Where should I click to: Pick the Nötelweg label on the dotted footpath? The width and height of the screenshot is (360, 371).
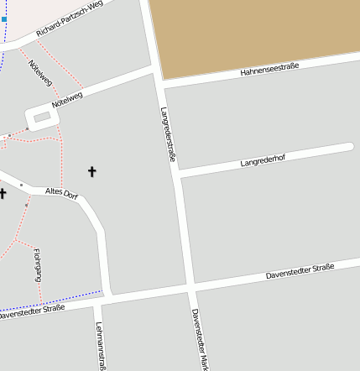click(x=39, y=72)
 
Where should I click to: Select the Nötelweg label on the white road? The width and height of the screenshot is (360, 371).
click(x=67, y=100)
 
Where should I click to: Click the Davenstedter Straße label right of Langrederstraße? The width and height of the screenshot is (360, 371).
click(x=300, y=271)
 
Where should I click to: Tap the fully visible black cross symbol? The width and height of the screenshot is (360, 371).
click(x=91, y=172)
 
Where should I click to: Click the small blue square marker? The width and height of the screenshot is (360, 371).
click(x=3, y=18)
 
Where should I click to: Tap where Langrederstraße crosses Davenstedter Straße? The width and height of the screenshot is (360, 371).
click(x=191, y=289)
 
